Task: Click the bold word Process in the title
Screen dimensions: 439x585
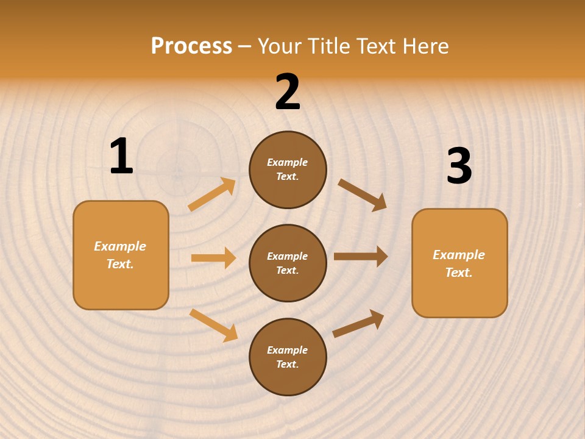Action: pyautogui.click(x=191, y=46)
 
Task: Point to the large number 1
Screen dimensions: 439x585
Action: pyautogui.click(x=121, y=157)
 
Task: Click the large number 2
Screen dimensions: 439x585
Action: pyautogui.click(x=288, y=92)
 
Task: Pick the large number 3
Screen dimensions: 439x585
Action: pyautogui.click(x=459, y=166)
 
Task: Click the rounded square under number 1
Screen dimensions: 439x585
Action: pyautogui.click(x=121, y=255)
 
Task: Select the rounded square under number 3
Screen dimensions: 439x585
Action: pyautogui.click(x=459, y=263)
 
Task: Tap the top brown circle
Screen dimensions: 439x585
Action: pyautogui.click(x=288, y=170)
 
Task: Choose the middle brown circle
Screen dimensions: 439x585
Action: pyautogui.click(x=288, y=263)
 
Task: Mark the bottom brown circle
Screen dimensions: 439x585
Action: pyautogui.click(x=288, y=357)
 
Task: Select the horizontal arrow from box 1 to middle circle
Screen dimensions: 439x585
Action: pyautogui.click(x=213, y=258)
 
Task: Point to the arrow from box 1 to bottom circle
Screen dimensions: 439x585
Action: pyautogui.click(x=213, y=325)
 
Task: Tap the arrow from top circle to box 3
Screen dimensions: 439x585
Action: pyautogui.click(x=363, y=195)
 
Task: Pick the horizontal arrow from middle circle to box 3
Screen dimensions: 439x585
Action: pyautogui.click(x=361, y=257)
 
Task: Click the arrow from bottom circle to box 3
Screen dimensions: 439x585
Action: pyautogui.click(x=358, y=323)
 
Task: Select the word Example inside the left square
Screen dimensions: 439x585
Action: pyautogui.click(x=120, y=246)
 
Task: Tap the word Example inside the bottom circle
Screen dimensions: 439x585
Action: pyautogui.click(x=287, y=350)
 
